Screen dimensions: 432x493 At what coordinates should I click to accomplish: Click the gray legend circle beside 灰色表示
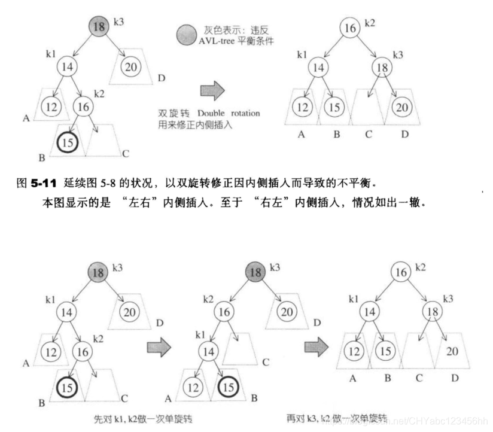point(187,33)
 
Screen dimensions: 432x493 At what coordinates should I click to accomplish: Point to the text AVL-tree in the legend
point(217,41)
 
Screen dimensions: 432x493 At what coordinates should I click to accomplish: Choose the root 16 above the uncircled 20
point(401,272)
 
